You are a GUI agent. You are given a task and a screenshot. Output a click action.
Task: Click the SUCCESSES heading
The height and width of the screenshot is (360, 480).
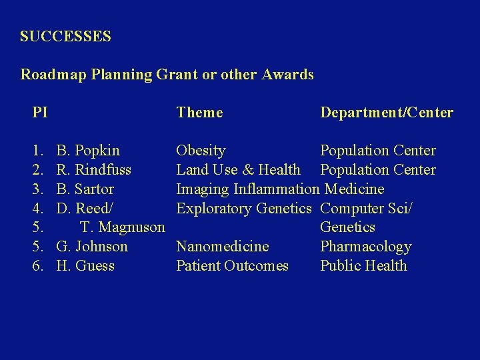pyautogui.click(x=65, y=37)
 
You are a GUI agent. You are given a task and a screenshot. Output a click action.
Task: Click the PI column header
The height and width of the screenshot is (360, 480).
pyautogui.click(x=40, y=113)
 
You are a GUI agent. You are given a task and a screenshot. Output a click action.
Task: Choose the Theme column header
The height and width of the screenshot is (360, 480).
pyautogui.click(x=199, y=113)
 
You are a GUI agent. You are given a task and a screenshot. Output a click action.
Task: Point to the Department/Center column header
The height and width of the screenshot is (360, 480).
pyautogui.click(x=386, y=113)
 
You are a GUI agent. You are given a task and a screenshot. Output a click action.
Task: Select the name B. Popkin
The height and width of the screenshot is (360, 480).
pyautogui.click(x=88, y=151)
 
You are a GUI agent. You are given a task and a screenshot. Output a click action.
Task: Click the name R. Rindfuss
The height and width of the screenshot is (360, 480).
pyautogui.click(x=94, y=170)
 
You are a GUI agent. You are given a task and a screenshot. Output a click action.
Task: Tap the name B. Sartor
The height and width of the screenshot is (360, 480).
pyautogui.click(x=85, y=189)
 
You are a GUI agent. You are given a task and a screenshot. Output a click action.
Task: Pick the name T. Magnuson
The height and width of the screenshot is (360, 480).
pyautogui.click(x=122, y=227)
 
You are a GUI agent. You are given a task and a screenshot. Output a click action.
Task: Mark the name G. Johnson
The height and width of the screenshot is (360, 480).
pyautogui.click(x=92, y=247)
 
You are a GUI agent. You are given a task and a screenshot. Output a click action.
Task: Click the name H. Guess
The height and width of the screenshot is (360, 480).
pyautogui.click(x=85, y=266)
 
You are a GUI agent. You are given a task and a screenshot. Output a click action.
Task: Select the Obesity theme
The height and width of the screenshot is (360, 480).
pyautogui.click(x=201, y=151)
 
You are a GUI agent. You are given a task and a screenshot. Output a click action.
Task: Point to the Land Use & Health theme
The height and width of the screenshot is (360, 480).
pyautogui.click(x=238, y=170)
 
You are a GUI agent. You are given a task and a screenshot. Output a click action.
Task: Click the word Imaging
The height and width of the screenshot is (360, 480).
pyautogui.click(x=203, y=189)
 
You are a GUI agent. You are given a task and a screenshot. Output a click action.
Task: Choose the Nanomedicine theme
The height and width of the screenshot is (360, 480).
pyautogui.click(x=222, y=247)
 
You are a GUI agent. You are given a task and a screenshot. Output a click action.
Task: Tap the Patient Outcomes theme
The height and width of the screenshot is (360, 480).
pyautogui.click(x=232, y=266)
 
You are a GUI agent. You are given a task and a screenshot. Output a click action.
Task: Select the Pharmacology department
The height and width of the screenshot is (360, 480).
pyautogui.click(x=365, y=247)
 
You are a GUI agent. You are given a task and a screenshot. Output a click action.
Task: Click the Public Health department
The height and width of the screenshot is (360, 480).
pyautogui.click(x=363, y=266)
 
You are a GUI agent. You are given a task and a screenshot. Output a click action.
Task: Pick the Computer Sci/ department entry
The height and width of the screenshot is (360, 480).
pyautogui.click(x=366, y=209)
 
